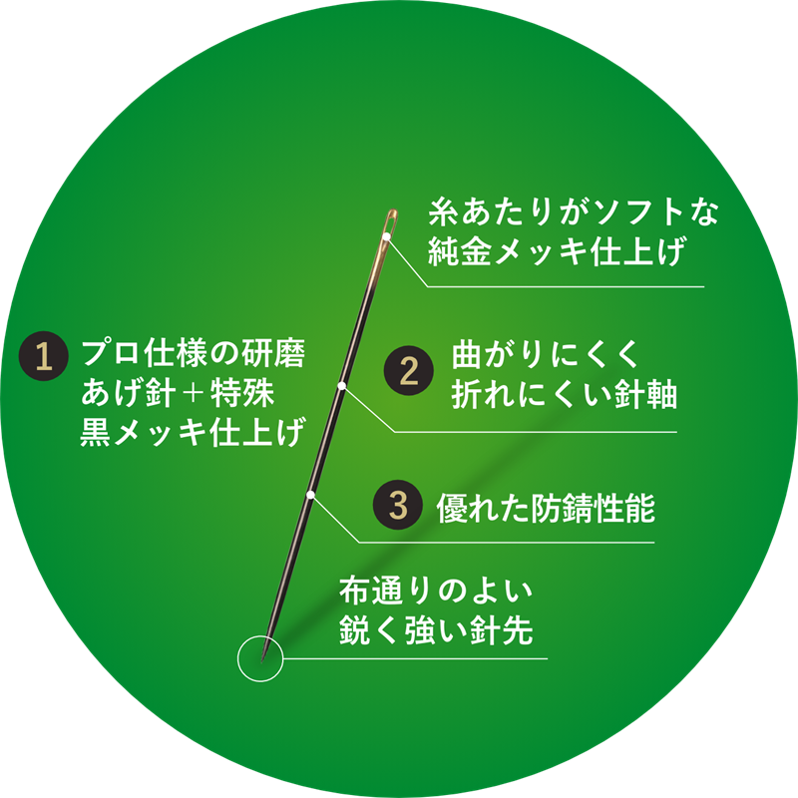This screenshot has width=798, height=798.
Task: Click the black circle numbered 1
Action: [44, 356]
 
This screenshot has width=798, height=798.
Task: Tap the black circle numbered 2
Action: [409, 370]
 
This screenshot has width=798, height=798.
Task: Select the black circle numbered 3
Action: [398, 505]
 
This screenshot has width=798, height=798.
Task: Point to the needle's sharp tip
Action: [262, 661]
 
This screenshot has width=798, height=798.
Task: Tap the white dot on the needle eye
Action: [387, 236]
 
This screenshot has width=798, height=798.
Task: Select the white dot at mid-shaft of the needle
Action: [342, 386]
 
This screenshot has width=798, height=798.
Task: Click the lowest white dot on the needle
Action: [310, 495]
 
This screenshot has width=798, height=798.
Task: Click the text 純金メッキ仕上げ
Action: [557, 251]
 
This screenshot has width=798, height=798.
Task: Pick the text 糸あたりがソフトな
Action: [573, 211]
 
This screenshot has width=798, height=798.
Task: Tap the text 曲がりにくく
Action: [545, 354]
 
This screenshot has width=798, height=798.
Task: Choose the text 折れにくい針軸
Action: [564, 394]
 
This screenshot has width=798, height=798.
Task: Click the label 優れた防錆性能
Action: [546, 508]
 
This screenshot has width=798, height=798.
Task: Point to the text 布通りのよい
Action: [436, 591]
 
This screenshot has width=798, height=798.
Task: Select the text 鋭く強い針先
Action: [436, 630]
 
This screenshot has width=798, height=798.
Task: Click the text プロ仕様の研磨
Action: [194, 353]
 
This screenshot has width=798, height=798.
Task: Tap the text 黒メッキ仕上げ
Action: [193, 432]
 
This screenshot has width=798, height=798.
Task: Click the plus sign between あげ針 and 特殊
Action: [193, 393]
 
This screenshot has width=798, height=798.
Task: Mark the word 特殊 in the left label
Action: [242, 393]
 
